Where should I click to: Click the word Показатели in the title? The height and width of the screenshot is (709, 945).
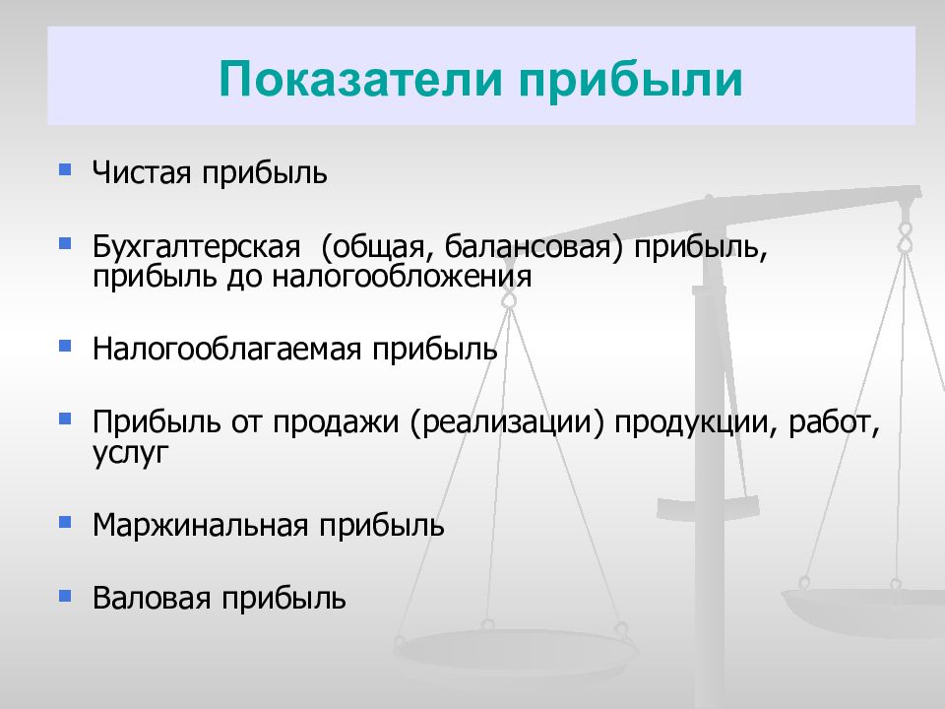click(360, 79)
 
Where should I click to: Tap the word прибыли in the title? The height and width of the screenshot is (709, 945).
click(630, 80)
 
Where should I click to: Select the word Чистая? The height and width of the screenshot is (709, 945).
click(142, 172)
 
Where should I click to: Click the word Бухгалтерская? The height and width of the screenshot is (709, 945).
click(196, 247)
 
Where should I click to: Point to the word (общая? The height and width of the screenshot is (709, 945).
click(377, 247)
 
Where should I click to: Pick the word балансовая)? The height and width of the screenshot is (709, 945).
click(534, 247)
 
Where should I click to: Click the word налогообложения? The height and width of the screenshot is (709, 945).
click(402, 277)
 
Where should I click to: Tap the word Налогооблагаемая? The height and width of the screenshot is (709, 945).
click(226, 349)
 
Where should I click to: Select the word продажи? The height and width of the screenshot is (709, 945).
click(335, 422)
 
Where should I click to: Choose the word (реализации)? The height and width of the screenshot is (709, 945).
click(506, 422)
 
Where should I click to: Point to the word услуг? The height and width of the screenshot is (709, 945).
click(130, 453)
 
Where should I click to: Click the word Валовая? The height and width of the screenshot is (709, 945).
click(152, 598)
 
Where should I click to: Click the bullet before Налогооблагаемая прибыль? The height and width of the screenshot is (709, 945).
click(65, 346)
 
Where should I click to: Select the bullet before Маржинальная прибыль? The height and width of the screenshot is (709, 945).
click(65, 522)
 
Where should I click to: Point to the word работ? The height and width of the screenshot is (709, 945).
click(834, 423)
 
